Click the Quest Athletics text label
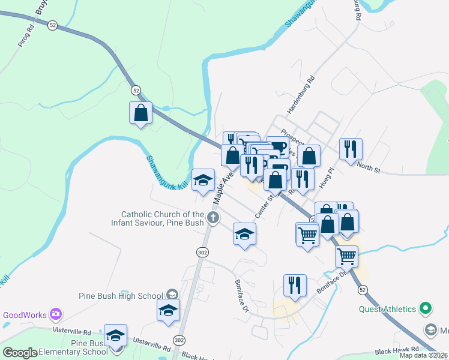point(387,309)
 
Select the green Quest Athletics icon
point(426,309)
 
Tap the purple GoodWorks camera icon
point(56,314)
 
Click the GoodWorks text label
point(25,314)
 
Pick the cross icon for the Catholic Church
point(213,218)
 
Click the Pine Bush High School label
point(121,295)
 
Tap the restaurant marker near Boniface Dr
point(295,285)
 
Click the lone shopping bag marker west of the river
point(140,112)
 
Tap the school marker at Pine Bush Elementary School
point(116,335)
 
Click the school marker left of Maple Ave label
point(203,179)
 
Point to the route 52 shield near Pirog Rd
point(53,25)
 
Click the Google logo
point(19,353)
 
